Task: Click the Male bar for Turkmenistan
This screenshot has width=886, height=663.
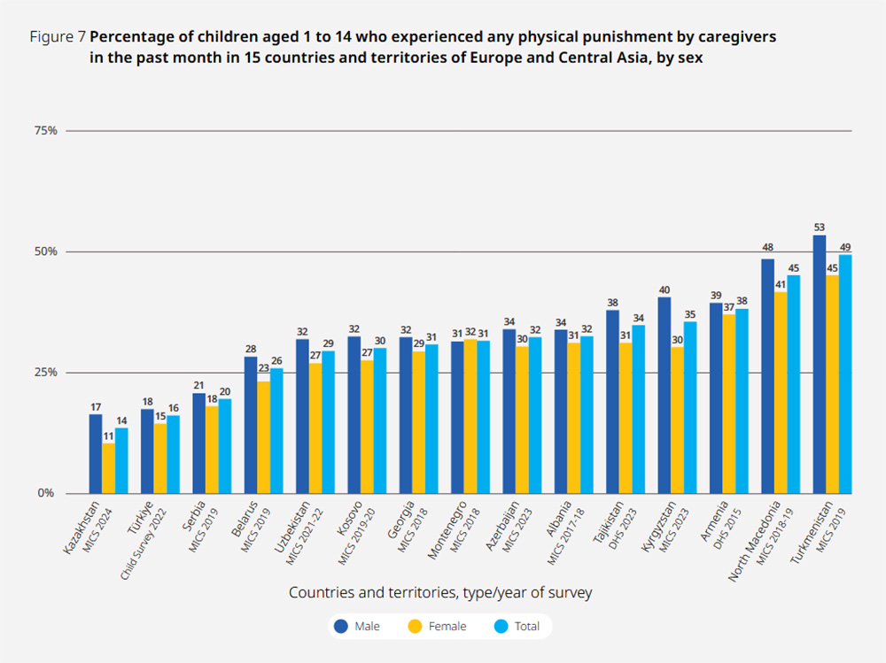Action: point(819,364)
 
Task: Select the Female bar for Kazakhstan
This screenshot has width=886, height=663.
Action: point(108,468)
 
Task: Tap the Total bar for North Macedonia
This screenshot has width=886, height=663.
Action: point(794,384)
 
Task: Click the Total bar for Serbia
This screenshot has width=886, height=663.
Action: point(225,446)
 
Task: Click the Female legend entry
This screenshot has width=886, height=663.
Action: point(436,627)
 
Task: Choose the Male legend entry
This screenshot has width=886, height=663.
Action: point(356,627)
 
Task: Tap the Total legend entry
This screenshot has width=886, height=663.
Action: point(516,627)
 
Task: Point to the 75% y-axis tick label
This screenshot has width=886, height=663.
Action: point(46,131)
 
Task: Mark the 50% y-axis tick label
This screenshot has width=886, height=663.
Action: point(46,251)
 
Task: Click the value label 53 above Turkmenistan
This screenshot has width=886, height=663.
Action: point(819,227)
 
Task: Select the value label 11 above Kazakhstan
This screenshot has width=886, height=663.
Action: point(108,436)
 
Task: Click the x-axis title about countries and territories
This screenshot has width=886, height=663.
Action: point(440,593)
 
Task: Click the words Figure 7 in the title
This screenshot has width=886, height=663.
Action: point(58,38)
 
